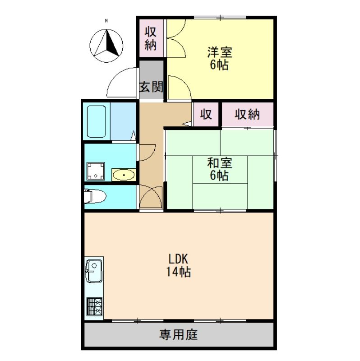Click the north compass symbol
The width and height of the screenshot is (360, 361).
(x=106, y=45)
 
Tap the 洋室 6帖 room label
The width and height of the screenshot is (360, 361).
(x=219, y=58)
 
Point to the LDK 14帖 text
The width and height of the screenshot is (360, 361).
(x=178, y=266)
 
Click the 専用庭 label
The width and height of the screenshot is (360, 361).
(x=179, y=335)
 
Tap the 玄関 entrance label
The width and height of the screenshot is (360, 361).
(x=150, y=87)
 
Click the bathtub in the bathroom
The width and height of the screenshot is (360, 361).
(x=97, y=121)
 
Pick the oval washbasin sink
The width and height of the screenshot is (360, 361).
(x=123, y=175)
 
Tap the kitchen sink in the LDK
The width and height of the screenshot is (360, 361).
(x=94, y=271)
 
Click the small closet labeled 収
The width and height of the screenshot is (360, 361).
(x=206, y=115)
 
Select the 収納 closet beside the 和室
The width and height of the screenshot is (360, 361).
(x=247, y=115)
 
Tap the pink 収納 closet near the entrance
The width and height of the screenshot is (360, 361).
(x=150, y=38)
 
